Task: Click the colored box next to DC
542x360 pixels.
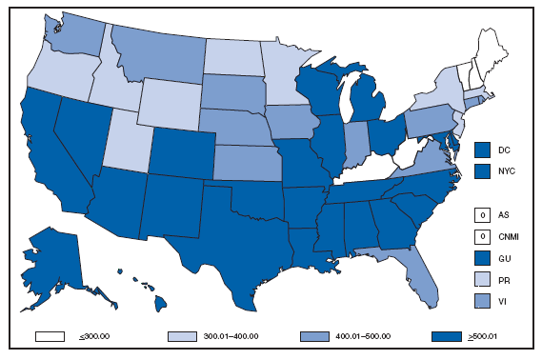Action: [x=484, y=150]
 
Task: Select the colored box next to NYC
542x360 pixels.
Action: [x=484, y=171]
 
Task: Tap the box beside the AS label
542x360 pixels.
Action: [x=484, y=216]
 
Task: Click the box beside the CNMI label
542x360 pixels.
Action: [x=484, y=236]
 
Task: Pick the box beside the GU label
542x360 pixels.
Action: [x=484, y=257]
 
